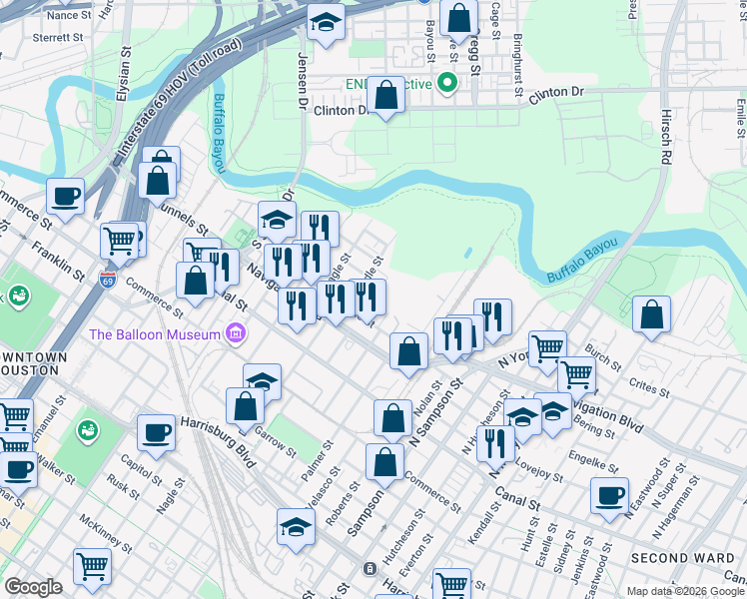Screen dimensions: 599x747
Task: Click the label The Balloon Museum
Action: point(154,333)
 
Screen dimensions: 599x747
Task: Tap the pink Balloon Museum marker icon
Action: point(236,332)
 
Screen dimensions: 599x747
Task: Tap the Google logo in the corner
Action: point(33,587)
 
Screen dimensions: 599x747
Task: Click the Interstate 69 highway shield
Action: point(108,281)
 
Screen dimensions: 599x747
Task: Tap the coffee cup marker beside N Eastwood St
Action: point(609,494)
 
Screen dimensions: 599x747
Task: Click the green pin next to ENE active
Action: point(448,83)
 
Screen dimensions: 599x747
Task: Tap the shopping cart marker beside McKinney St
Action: point(92,565)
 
